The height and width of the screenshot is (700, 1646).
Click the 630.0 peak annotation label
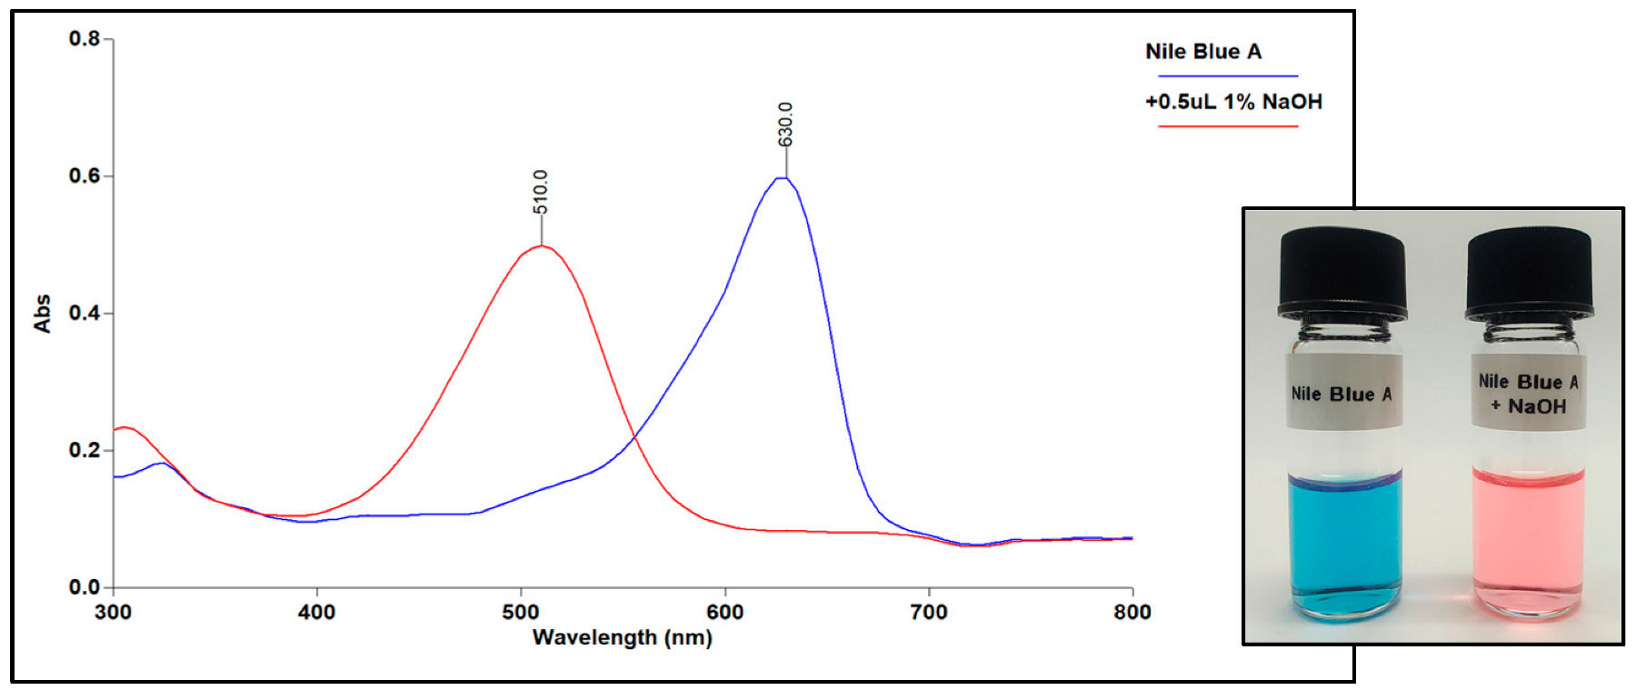(x=786, y=125)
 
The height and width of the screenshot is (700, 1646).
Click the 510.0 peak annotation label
(x=541, y=192)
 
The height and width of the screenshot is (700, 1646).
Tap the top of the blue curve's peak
(x=783, y=178)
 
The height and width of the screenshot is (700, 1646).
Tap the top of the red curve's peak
(x=542, y=245)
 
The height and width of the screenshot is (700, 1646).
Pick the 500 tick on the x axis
(x=521, y=612)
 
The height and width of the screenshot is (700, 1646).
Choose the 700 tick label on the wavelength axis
(x=929, y=612)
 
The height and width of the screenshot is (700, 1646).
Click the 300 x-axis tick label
(x=113, y=612)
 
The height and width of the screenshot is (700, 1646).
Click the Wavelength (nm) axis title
(x=623, y=637)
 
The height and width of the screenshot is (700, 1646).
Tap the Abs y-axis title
(x=42, y=314)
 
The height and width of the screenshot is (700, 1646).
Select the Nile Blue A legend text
(x=1202, y=52)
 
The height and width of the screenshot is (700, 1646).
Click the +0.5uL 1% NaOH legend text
(x=1233, y=102)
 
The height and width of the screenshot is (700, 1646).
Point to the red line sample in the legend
(x=1227, y=126)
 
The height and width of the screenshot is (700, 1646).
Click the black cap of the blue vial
(x=1342, y=273)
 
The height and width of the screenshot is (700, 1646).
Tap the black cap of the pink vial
(x=1530, y=273)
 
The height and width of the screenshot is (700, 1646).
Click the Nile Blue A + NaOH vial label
(x=1529, y=394)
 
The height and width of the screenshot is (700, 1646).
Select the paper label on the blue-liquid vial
(x=1342, y=394)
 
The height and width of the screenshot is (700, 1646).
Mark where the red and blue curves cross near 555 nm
(x=633, y=439)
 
